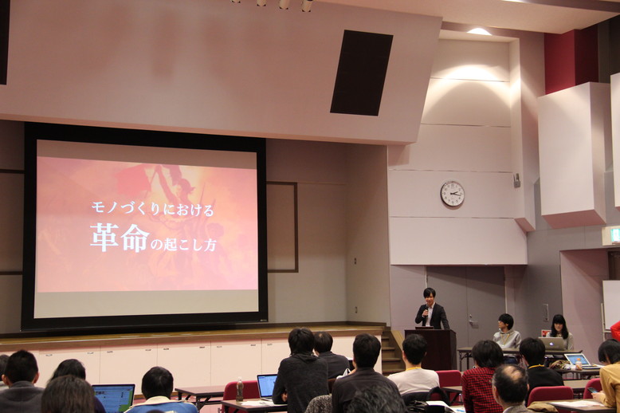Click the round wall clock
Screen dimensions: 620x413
coord(453,194)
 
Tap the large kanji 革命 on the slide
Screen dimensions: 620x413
coord(120,238)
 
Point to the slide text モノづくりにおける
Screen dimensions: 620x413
coord(152,208)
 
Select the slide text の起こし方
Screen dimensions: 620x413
coord(183,245)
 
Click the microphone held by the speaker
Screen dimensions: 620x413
coord(426,311)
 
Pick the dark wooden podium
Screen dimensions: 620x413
coord(431,348)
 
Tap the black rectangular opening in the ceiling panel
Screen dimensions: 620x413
coord(362,73)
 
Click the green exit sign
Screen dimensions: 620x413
coord(614,234)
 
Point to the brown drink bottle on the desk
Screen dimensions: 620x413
coord(239,389)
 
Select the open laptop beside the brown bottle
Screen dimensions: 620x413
coord(266,386)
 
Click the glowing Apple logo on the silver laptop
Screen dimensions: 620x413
coord(552,342)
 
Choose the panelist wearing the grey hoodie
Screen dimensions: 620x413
coord(507,334)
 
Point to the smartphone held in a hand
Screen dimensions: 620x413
coord(591,390)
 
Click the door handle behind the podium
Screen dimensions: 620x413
coord(472,318)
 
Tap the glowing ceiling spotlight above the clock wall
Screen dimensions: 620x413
coord(479,31)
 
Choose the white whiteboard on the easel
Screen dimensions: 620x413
coord(611,305)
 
